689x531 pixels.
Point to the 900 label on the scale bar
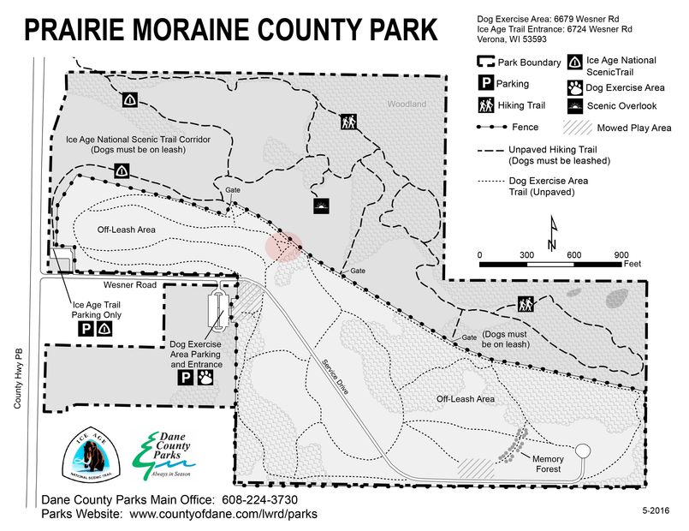pos(621,255)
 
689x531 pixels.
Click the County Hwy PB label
pos(17,377)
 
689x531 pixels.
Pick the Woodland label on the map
pos(406,104)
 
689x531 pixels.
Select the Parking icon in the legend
pos(485,84)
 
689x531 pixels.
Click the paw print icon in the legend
pos(574,87)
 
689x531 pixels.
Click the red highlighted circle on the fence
pos(283,246)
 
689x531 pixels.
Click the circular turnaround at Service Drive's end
pos(584,450)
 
